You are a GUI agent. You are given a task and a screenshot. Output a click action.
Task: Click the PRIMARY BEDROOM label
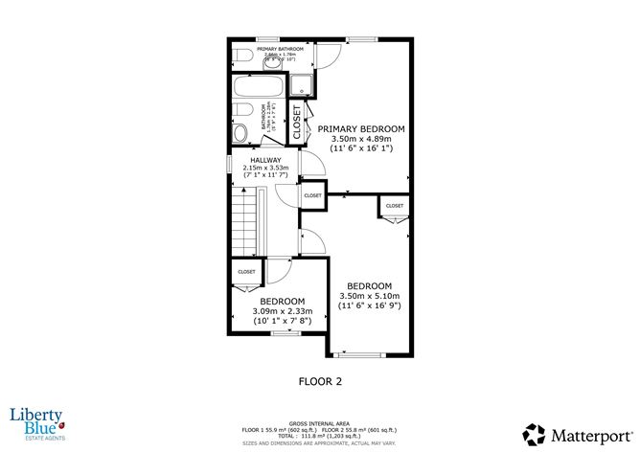tap(361, 128)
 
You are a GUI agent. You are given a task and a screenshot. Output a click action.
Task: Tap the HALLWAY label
tap(265, 160)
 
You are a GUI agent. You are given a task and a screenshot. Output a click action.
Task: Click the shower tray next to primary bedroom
tap(304, 84)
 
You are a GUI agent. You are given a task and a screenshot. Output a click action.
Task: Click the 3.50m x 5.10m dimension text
tap(369, 297)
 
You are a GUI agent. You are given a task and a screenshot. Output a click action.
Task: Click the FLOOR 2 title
tap(320, 380)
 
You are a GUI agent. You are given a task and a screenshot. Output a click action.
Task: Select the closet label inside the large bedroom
tap(395, 206)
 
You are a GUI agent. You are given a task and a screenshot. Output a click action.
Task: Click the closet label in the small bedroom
tap(246, 271)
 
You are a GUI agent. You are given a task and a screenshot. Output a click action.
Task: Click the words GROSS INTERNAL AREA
tap(320, 420)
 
